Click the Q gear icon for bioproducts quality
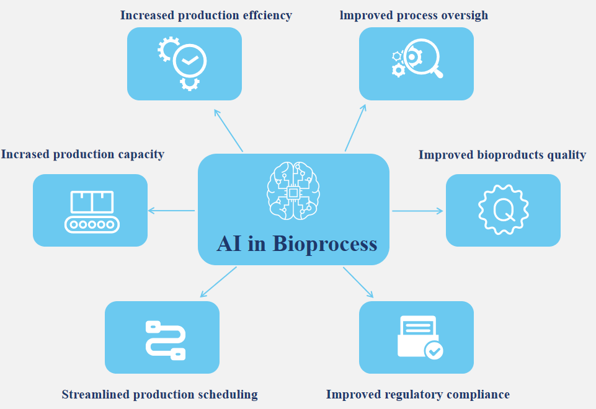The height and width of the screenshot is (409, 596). pos(503,210)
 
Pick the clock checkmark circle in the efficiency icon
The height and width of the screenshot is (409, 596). pos(190,61)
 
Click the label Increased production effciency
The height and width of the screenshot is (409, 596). pos(206,15)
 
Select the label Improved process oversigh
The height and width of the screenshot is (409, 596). pos(414,15)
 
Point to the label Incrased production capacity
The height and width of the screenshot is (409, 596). pos(82,154)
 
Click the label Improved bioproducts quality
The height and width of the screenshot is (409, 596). pos(502,155)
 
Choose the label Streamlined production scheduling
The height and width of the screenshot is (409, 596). pos(159,395)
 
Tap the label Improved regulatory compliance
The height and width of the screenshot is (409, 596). pos(417,395)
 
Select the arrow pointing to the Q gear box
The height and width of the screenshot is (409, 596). pos(417,211)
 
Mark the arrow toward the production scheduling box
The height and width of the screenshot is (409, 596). pos(218,281)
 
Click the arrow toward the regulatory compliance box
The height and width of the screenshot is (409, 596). pos(359,283)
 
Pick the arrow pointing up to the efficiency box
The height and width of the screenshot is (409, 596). pos(228,130)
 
